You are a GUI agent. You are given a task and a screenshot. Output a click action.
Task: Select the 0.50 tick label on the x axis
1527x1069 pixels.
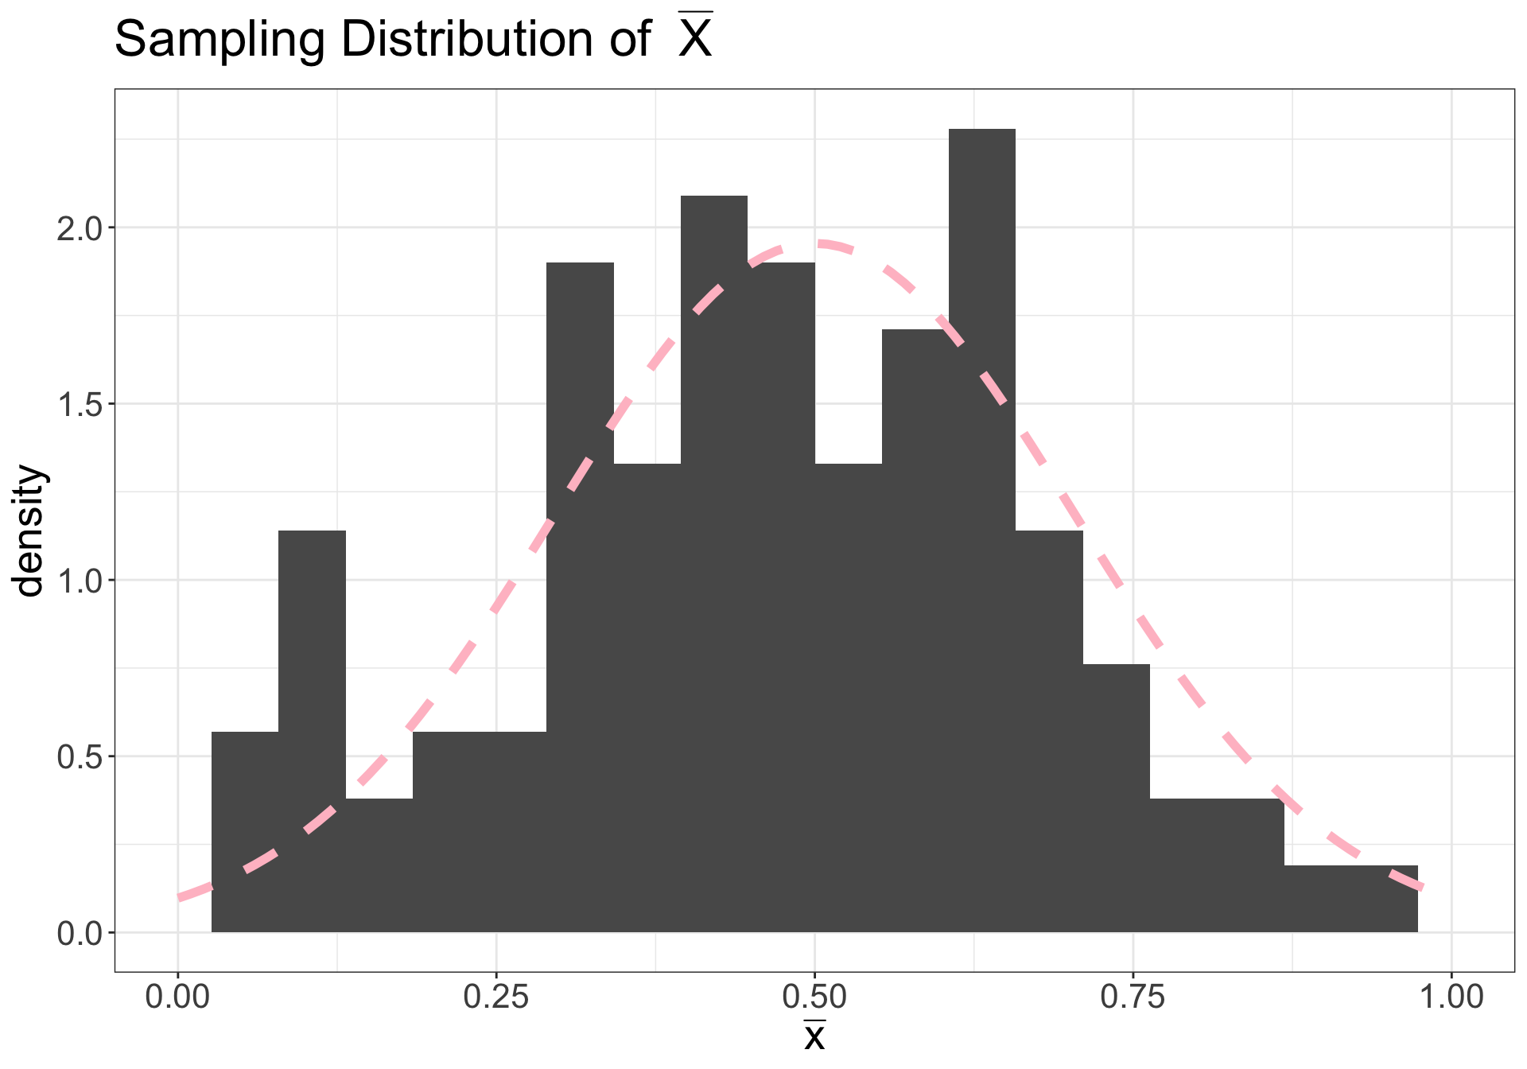(x=814, y=997)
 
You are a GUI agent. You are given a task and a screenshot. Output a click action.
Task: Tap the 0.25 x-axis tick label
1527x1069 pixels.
(x=495, y=997)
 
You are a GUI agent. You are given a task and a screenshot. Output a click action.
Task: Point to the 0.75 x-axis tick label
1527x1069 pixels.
(x=1133, y=997)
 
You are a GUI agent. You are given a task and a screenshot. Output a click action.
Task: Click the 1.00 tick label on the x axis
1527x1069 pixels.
(x=1451, y=997)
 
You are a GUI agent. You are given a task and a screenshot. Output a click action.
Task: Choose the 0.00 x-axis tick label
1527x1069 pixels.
(x=177, y=997)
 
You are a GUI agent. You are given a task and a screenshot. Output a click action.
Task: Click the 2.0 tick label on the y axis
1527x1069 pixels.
(x=80, y=228)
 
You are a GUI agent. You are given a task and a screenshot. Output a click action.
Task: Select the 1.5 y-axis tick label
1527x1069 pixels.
(x=80, y=404)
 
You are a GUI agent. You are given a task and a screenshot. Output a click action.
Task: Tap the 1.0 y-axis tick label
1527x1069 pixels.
(x=80, y=581)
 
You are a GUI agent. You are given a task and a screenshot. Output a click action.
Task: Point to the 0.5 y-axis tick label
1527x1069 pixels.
(x=80, y=756)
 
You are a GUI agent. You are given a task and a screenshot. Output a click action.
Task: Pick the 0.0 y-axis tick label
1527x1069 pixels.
(x=80, y=933)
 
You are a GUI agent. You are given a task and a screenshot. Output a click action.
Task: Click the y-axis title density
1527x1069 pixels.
(x=30, y=531)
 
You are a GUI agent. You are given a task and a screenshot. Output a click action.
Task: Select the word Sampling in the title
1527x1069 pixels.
(x=220, y=40)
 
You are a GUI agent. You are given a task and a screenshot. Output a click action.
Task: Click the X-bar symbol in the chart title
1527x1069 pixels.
(x=694, y=37)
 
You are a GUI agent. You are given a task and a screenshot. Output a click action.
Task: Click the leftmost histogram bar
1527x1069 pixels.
(x=245, y=831)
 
